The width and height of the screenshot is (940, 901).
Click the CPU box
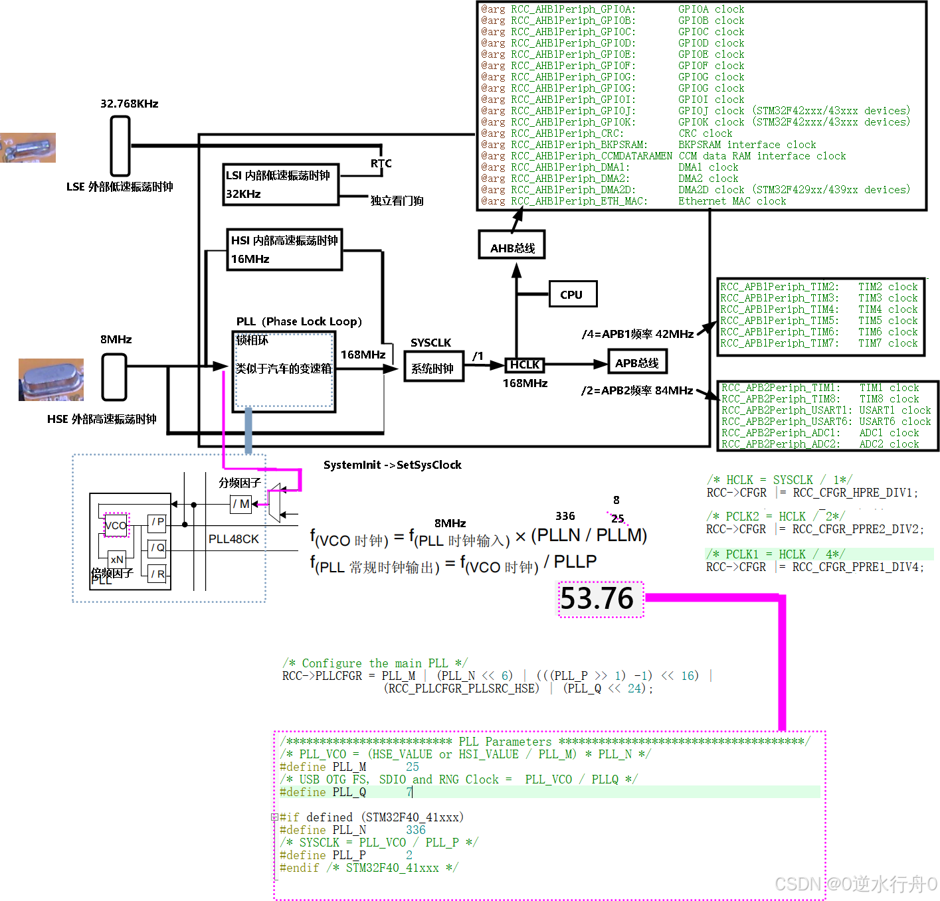pos(573,293)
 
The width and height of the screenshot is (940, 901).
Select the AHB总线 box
pos(512,245)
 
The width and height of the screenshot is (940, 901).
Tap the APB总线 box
pos(636,363)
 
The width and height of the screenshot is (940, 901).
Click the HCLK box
pos(525,365)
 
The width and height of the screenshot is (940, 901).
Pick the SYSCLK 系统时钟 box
pos(434,367)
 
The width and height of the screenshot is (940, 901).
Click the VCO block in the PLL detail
pos(116,525)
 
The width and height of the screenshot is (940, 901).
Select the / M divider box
pos(240,504)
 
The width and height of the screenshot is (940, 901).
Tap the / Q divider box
pos(157,548)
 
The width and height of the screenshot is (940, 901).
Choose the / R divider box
pos(157,574)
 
